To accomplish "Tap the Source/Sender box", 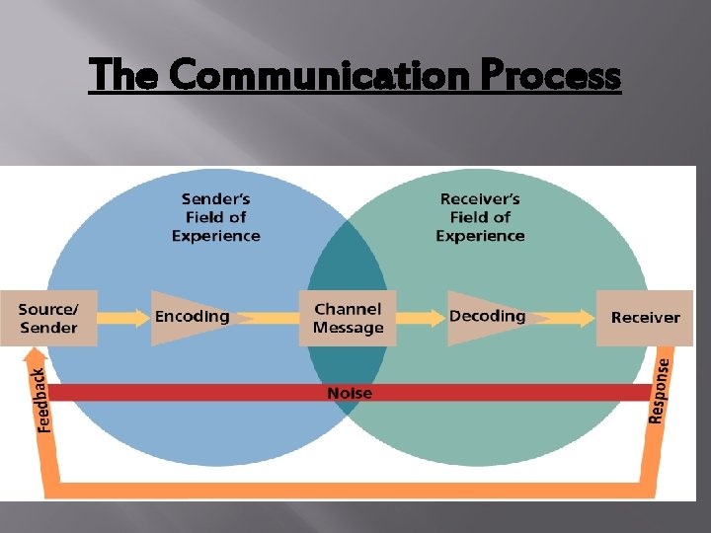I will pos(48,318).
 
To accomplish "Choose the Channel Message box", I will pos(348,318).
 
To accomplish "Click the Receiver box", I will pos(645,318).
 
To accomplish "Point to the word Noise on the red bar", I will pos(350,393).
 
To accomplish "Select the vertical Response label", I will pos(660,390).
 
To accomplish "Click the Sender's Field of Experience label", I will pos(215,218).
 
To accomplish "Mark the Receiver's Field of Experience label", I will pos(480,218).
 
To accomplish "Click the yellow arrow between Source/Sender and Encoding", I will pos(124,318).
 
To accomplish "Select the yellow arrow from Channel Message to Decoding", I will pos(422,318).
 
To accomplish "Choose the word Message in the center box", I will pos(348,329).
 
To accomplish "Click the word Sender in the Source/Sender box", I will pos(48,328).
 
